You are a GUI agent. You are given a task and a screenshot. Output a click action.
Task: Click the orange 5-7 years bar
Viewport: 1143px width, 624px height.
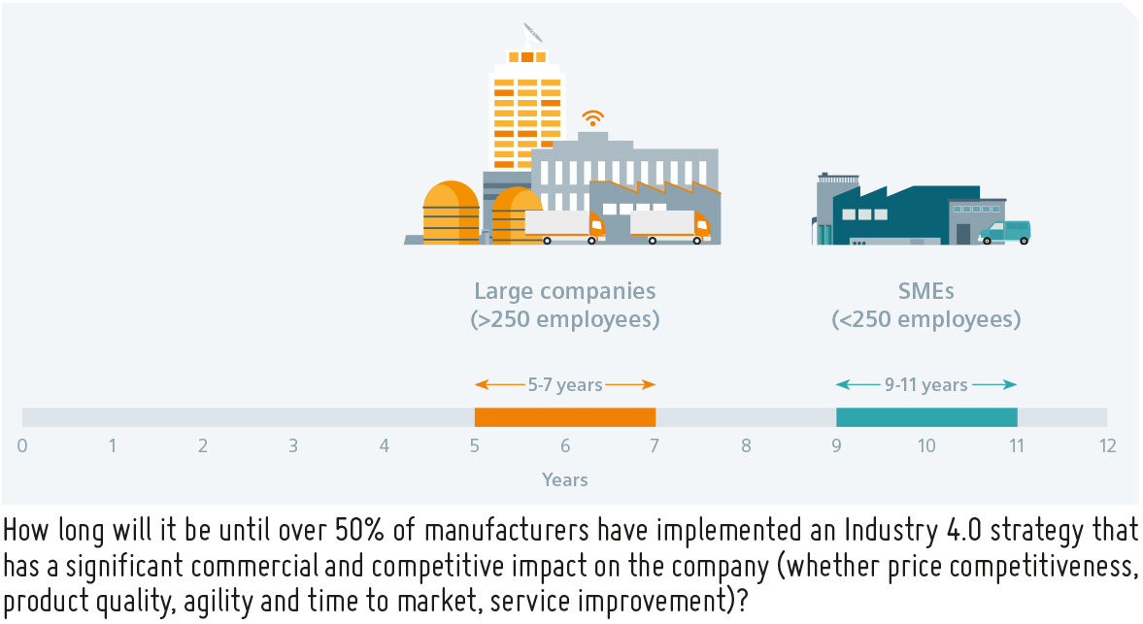coord(565,417)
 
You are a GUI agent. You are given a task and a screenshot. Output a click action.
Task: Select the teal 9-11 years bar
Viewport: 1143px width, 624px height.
coord(926,417)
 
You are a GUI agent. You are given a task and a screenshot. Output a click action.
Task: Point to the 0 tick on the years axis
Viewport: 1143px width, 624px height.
coord(22,445)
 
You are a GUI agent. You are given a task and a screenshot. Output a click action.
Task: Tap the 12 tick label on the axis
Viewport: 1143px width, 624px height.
coord(1107,445)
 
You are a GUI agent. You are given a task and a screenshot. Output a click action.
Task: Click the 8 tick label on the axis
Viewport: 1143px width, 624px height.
coord(746,445)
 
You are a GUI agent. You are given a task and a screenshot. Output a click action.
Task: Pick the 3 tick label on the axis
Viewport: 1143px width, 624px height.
coord(293,445)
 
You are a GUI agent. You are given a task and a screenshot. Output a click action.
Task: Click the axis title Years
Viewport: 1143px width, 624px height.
coord(565,479)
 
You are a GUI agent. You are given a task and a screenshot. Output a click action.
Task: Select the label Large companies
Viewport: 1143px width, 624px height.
coord(565,290)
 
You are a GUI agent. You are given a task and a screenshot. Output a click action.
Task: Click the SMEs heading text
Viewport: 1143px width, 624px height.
coord(925,290)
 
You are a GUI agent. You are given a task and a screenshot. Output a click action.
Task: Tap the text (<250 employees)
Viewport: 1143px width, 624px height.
coord(925,319)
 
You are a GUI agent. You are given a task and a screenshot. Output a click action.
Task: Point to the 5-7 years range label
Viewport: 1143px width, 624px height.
coord(565,384)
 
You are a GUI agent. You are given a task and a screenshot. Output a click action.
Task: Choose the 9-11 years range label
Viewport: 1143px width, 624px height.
coord(925,384)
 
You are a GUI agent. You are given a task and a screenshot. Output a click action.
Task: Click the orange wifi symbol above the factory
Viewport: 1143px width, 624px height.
coord(592,118)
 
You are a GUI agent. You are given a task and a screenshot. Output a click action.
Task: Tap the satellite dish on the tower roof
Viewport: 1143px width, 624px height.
coord(533,34)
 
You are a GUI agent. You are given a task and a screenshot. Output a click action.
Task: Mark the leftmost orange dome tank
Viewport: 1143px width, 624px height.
coord(452,213)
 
